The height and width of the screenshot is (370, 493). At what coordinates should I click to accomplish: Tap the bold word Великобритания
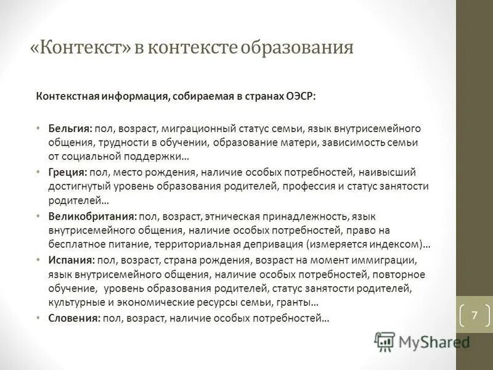tap(92, 216)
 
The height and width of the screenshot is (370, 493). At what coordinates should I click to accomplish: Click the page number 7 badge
tap(474, 315)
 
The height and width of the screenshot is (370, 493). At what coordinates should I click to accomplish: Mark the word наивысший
tap(389, 172)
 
